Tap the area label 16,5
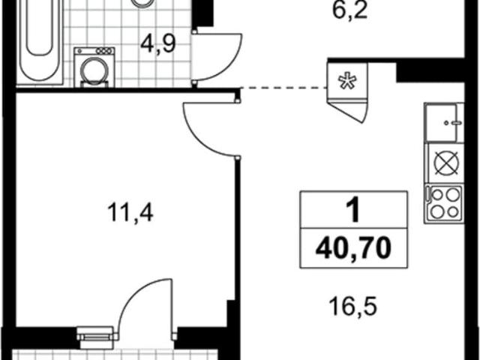pos(349,307)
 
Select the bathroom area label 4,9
pos(158,45)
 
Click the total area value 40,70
pos(353,246)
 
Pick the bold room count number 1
pos(352,209)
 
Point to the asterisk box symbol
pos(347,82)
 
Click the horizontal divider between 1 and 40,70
pos(353,228)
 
